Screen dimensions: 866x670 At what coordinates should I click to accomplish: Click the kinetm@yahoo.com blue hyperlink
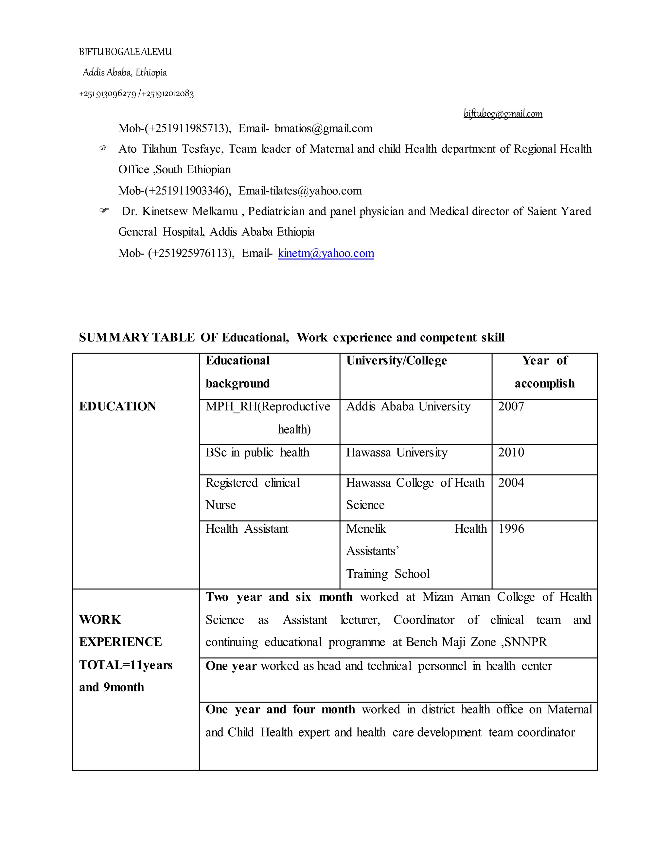click(326, 253)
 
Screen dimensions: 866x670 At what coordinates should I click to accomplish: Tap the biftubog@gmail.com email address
click(502, 114)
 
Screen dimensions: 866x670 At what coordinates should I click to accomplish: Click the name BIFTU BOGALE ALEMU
click(125, 52)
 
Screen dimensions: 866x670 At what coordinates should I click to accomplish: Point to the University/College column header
click(396, 360)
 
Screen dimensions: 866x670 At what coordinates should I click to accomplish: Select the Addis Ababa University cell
click(408, 407)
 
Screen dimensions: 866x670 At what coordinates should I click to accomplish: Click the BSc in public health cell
click(257, 452)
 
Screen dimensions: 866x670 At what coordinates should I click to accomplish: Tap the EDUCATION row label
click(117, 407)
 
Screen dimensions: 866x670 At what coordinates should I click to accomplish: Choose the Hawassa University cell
click(397, 452)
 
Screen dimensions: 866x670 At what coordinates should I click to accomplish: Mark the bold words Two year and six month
click(279, 597)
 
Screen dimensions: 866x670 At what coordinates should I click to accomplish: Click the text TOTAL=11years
click(125, 665)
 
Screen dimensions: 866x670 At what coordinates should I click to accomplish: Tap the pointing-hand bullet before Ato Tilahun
click(104, 148)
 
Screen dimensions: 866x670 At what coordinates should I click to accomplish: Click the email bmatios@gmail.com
click(323, 128)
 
